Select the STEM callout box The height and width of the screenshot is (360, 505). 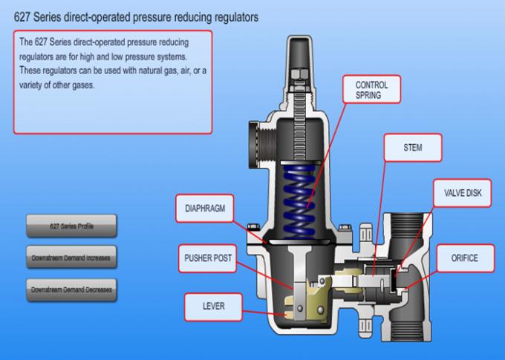412,148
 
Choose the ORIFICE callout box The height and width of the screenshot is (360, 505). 463,258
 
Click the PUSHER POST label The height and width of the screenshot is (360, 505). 208,258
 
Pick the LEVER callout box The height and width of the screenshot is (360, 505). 213,306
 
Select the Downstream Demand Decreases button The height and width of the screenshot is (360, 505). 71,289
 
